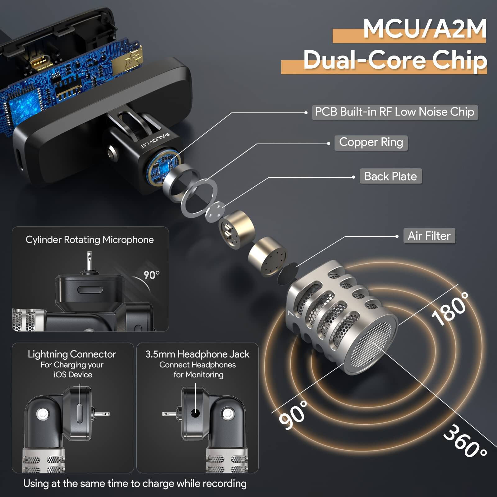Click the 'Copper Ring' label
371,143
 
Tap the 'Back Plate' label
390,176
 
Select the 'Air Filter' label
429,236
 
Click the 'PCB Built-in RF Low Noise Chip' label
394,112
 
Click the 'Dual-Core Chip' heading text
395,60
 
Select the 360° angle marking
464,441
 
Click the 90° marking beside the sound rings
294,415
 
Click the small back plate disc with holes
215,212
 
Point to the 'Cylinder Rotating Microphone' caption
89,240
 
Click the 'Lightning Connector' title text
72,354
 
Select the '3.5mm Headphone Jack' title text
197,354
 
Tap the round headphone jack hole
195,413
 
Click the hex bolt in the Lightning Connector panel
42,413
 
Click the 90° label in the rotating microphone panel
151,275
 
